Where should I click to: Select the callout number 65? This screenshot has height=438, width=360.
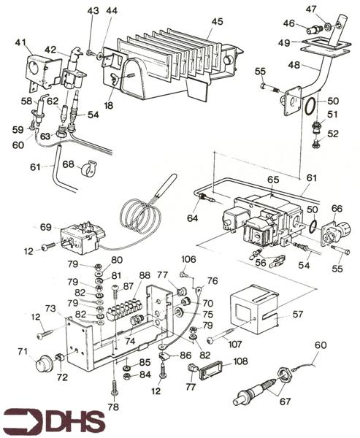pyautogui.click(x=274, y=179)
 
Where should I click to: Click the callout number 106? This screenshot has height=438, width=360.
pyautogui.click(x=188, y=259)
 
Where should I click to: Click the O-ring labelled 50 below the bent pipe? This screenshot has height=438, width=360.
pyautogui.click(x=311, y=107)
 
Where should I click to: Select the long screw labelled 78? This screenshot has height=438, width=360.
pyautogui.click(x=115, y=386)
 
